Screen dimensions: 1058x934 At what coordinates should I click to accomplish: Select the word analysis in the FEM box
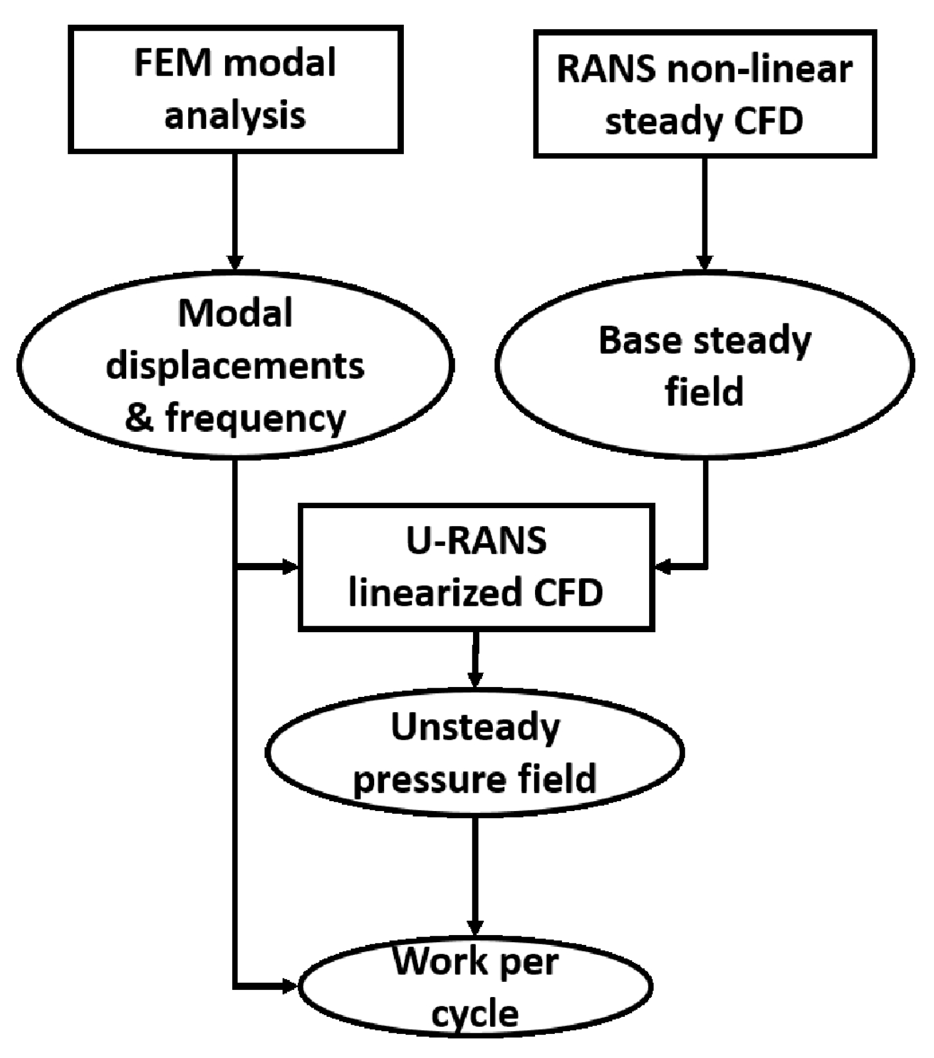point(235,116)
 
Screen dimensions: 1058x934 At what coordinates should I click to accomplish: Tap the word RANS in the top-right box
point(605,70)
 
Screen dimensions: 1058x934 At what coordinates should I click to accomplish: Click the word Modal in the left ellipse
point(235,314)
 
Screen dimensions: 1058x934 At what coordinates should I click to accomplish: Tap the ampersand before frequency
point(139,418)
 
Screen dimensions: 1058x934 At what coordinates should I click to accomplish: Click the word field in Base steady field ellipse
point(704,392)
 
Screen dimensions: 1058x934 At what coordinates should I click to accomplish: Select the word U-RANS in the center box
point(476,541)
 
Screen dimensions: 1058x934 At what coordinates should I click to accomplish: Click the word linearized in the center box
point(434,593)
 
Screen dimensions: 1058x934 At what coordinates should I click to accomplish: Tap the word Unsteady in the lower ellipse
point(475,728)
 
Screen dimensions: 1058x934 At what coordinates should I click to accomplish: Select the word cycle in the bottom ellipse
point(475,1014)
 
